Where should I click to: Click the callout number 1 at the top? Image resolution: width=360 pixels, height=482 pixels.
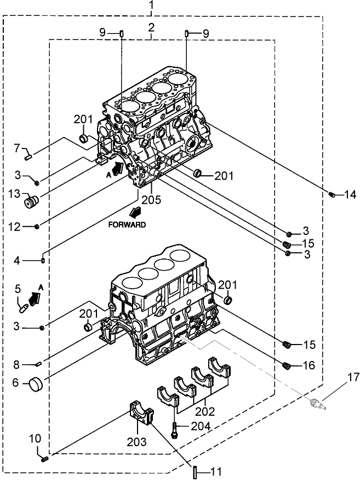[152, 7]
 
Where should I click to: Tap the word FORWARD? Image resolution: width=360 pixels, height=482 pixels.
[127, 225]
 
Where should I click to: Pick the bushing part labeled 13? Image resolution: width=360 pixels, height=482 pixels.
[32, 202]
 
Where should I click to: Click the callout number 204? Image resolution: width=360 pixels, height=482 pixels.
[202, 425]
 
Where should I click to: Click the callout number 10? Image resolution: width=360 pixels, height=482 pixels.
[35, 438]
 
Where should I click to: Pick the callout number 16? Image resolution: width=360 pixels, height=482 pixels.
[309, 365]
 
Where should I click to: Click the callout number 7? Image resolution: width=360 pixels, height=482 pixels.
[17, 147]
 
